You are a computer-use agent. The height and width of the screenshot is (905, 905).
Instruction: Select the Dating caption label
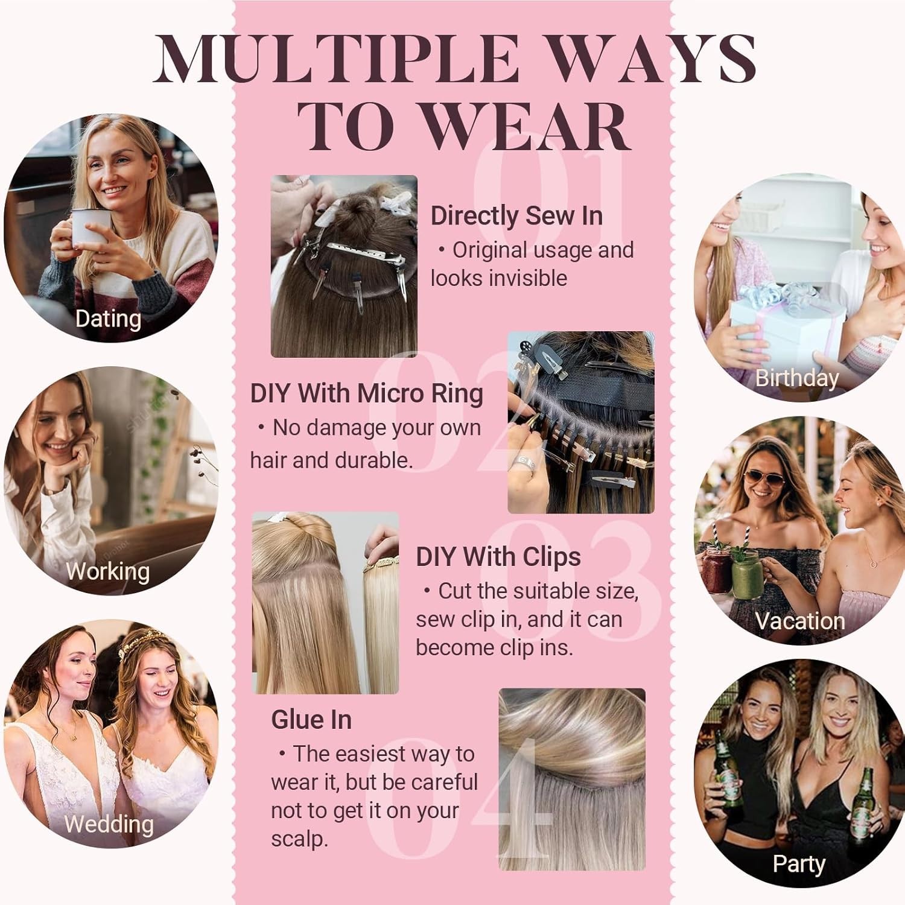[108, 319]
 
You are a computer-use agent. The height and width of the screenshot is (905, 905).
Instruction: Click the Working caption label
[108, 571]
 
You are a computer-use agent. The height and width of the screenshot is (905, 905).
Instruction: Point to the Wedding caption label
[109, 824]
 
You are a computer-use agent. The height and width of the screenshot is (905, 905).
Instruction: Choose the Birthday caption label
[797, 378]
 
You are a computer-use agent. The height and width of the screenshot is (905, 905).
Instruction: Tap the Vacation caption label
[800, 621]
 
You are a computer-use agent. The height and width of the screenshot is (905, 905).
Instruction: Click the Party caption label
[799, 864]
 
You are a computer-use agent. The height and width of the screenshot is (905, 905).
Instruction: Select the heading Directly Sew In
[516, 216]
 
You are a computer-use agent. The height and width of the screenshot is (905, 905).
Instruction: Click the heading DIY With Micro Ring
[367, 394]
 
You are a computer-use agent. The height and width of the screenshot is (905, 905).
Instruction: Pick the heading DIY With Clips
[498, 557]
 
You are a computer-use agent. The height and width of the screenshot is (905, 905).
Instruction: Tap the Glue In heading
[311, 720]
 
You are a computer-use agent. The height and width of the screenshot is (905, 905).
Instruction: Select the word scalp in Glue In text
[299, 839]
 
